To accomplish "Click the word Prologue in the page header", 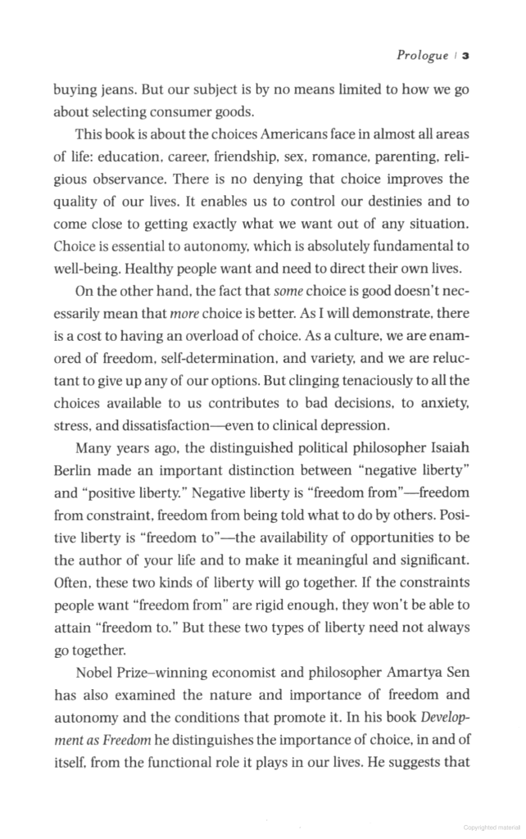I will click(x=422, y=56).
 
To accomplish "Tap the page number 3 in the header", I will click(x=465, y=56).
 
